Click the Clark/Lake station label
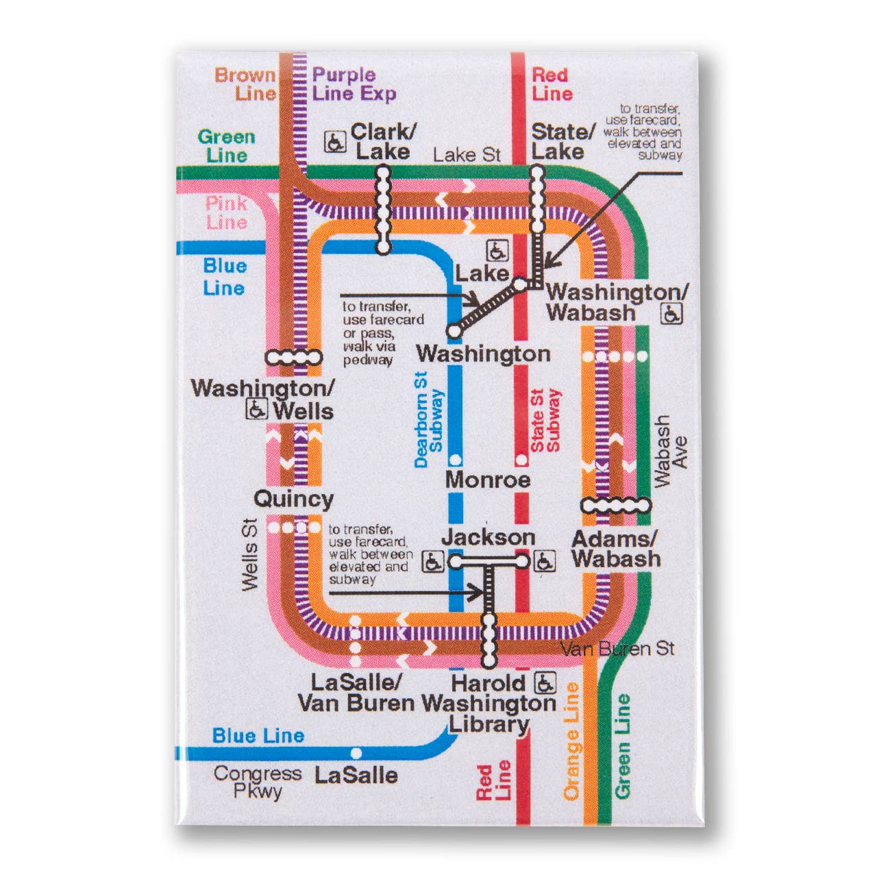tap(382, 141)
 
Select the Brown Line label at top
tap(246, 84)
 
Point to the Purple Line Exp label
tap(354, 84)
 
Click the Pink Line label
tap(226, 212)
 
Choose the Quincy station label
tap(293, 499)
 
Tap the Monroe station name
tap(488, 480)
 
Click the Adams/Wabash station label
tap(615, 549)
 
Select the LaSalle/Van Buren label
tap(356, 693)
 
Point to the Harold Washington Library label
tap(489, 704)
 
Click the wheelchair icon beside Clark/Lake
tap(335, 142)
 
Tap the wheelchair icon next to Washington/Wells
tap(256, 409)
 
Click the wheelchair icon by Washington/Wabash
tap(671, 314)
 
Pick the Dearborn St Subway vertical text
tap(429, 419)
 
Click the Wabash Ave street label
tap(670, 451)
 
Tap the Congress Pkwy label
tap(257, 782)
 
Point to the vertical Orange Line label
tap(571, 741)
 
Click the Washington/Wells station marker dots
tap(293, 357)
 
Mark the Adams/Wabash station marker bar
tap(615, 506)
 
